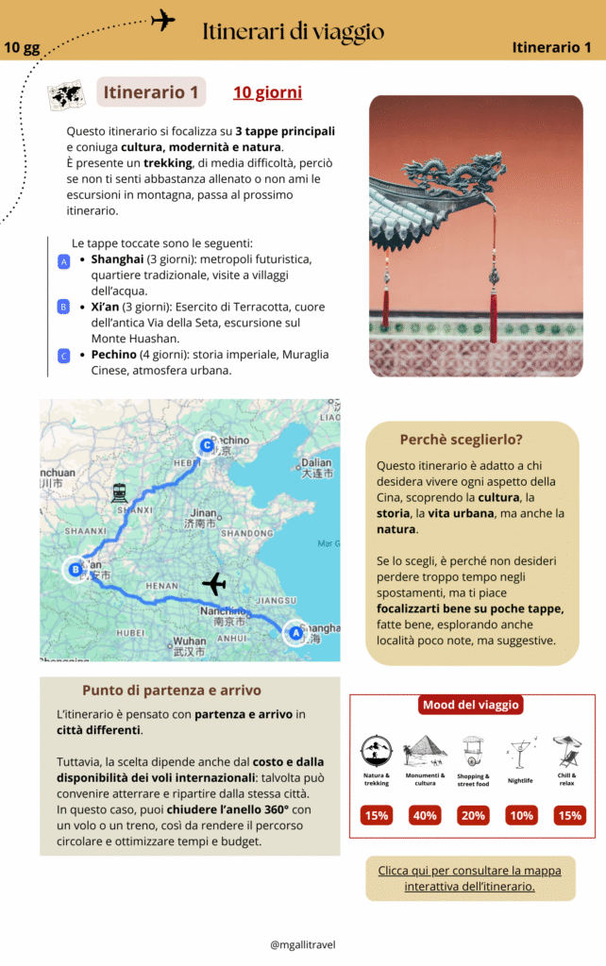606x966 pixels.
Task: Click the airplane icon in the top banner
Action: tap(163, 20)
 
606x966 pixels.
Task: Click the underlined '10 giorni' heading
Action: tap(267, 92)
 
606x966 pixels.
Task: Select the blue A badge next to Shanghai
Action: tap(63, 261)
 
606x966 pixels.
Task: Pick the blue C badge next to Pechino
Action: tap(63, 356)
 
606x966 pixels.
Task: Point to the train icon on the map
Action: tap(119, 492)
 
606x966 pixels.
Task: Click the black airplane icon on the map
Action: tap(214, 585)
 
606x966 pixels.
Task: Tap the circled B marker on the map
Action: tap(75, 570)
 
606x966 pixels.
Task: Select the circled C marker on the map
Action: tap(205, 445)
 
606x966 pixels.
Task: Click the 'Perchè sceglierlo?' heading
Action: tap(461, 440)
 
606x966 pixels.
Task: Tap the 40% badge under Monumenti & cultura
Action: tap(425, 815)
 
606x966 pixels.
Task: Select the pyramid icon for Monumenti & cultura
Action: tap(425, 751)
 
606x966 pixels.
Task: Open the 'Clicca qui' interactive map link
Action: tap(469, 878)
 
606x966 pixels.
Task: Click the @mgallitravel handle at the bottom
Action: tap(302, 944)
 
